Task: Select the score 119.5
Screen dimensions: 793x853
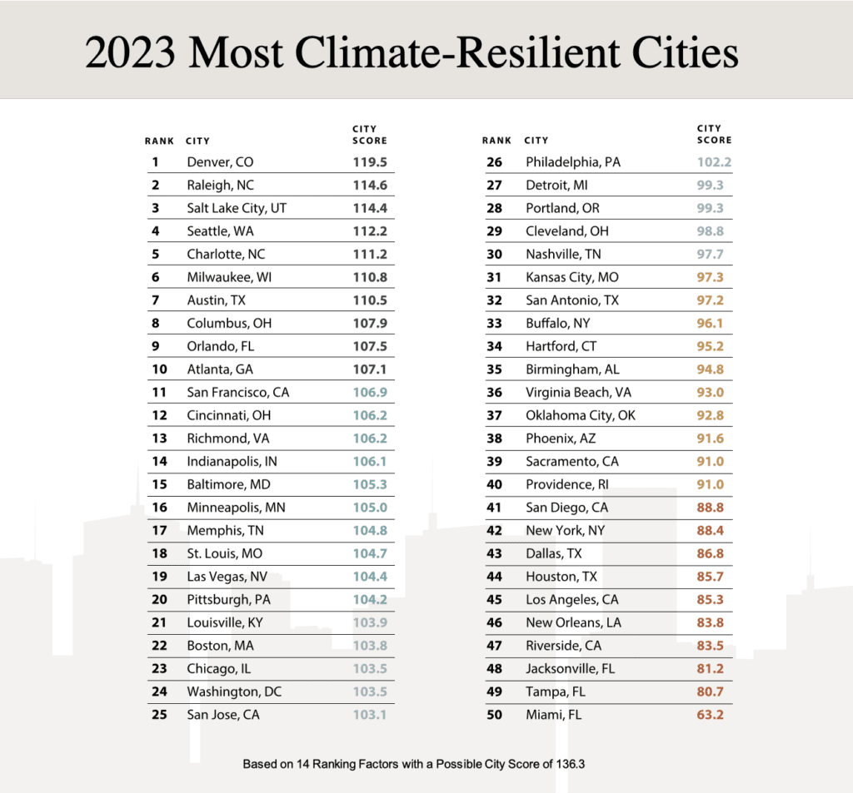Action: [x=370, y=162]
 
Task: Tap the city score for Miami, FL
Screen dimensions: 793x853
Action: [x=714, y=714]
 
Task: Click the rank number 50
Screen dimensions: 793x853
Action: [x=494, y=714]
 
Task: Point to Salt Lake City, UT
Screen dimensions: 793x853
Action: [x=237, y=208]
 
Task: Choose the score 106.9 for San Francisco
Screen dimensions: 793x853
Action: [x=370, y=392]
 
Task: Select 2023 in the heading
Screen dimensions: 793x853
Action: [x=131, y=53]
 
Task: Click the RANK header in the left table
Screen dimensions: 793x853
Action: [x=159, y=141]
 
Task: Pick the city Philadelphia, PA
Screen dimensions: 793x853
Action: [x=572, y=162]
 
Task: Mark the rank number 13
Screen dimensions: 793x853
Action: [x=159, y=438]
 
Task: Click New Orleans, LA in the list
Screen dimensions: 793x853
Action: [x=573, y=622]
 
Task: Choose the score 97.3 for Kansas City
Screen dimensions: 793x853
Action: [x=714, y=277]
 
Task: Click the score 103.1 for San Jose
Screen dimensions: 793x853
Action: [x=370, y=714]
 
